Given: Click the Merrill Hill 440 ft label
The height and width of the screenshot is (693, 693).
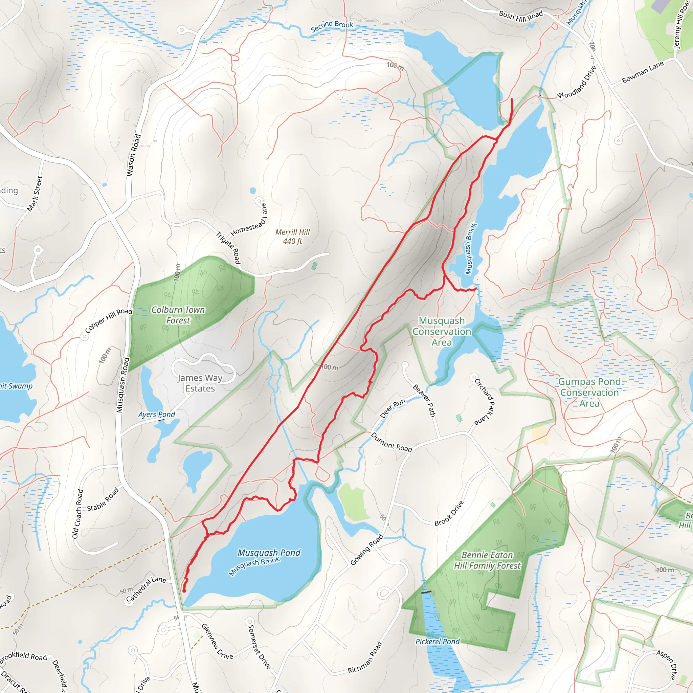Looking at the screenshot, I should point(292,237).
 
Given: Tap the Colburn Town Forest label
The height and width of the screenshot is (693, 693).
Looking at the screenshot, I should point(178,315).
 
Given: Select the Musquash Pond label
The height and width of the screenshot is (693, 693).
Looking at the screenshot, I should point(269,553).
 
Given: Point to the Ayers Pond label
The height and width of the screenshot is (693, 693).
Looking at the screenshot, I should point(157,415).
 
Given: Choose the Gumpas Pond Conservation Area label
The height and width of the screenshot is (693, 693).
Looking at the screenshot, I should point(589,393).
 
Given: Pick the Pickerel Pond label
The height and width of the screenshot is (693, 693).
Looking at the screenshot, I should point(437,642).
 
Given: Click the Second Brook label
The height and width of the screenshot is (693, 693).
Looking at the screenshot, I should point(332,26).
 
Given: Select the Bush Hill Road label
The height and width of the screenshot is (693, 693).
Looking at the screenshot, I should point(520,16).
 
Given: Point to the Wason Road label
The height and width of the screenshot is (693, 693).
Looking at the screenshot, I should point(133,155).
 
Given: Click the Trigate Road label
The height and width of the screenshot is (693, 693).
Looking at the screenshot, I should point(228,247).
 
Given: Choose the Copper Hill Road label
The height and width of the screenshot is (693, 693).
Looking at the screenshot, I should point(109,320).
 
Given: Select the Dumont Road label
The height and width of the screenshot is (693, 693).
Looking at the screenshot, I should point(392,442).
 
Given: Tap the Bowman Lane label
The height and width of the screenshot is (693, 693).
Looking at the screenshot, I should point(643,72).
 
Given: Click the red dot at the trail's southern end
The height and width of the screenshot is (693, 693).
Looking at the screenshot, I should point(184,591).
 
